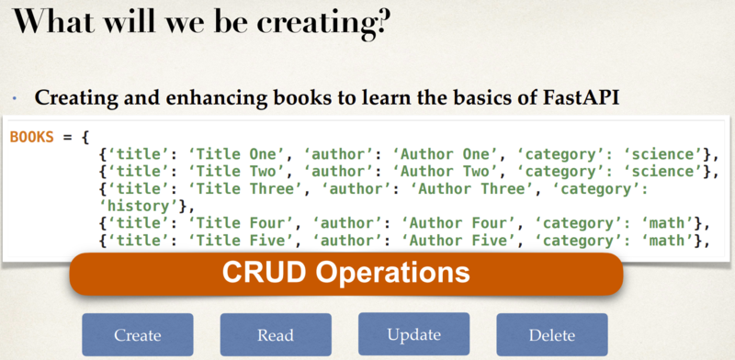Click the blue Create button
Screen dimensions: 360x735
pos(138,335)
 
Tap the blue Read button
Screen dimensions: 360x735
pos(275,335)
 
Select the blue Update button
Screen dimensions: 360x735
pos(413,334)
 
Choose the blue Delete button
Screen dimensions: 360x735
pos(551,335)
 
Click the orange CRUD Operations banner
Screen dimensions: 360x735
pos(347,273)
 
